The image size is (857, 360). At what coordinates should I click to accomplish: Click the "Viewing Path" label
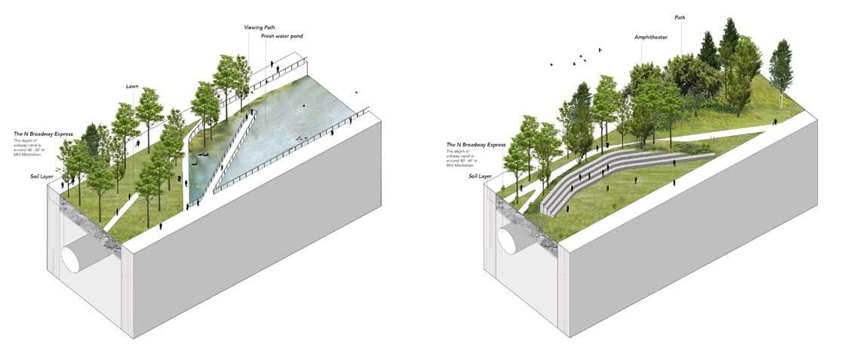(x=258, y=27)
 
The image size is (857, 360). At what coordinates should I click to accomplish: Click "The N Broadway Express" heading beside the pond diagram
(x=43, y=134)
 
